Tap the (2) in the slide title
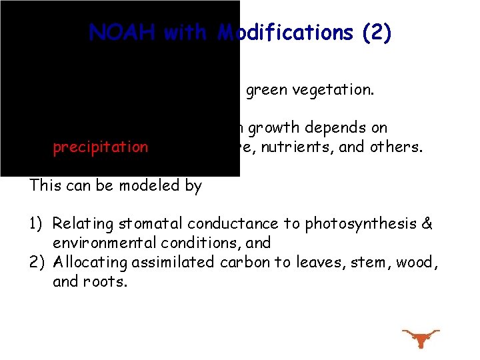coord(377,33)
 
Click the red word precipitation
coord(101,147)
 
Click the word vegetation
coord(333,90)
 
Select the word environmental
coord(96,243)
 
